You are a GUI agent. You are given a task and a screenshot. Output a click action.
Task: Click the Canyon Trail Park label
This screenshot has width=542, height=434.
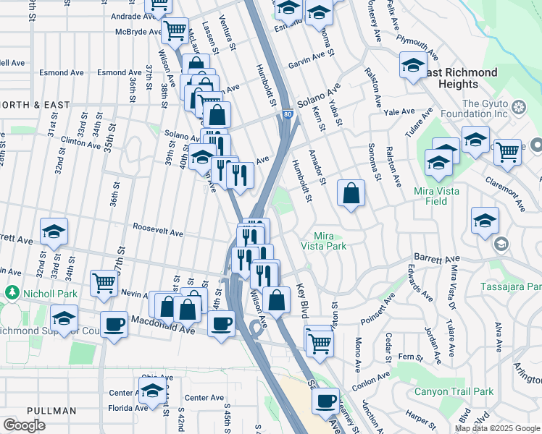(x=454, y=391)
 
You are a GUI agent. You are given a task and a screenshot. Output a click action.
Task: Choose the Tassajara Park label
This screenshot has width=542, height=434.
(x=511, y=287)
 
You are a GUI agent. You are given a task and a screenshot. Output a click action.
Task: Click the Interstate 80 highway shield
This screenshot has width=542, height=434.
(x=288, y=114)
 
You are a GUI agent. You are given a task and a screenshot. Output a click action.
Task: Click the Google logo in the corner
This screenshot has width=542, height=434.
(x=24, y=425)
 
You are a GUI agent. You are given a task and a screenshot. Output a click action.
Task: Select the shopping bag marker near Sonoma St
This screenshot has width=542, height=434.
(x=351, y=193)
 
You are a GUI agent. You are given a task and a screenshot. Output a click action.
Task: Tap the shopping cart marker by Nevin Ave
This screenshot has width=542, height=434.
(x=104, y=282)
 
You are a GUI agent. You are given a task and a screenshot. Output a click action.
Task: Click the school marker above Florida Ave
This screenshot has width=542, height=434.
(x=152, y=391)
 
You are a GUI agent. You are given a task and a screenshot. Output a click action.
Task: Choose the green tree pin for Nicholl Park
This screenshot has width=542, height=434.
(x=12, y=292)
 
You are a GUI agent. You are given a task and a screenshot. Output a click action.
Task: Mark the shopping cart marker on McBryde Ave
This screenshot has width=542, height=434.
(x=175, y=30)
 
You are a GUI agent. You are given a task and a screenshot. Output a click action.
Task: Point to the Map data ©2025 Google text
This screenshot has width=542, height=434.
(x=497, y=428)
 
